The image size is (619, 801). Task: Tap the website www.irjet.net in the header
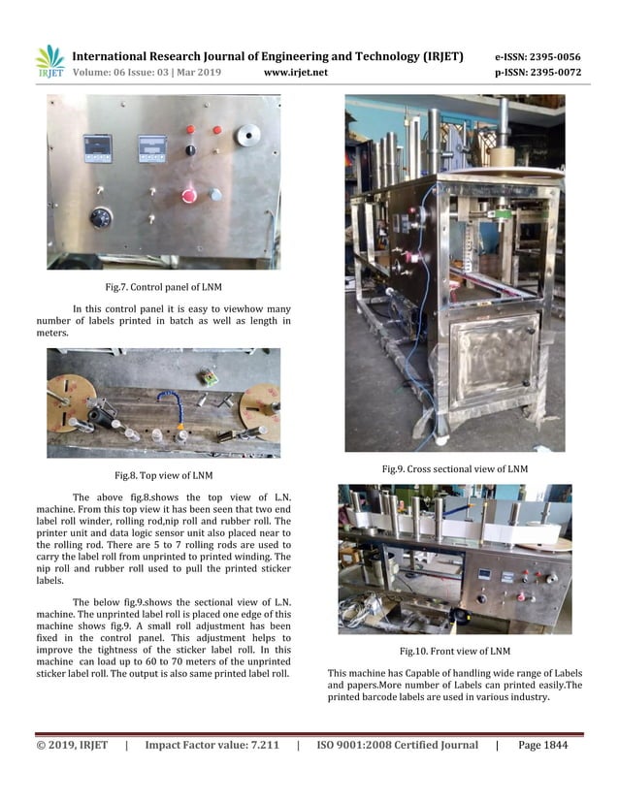click(x=295, y=73)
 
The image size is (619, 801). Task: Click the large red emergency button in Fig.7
click(x=189, y=196)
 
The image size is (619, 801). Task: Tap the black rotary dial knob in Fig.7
click(x=101, y=217)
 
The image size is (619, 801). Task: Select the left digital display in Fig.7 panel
click(x=98, y=147)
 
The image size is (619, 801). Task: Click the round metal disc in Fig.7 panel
click(x=252, y=134)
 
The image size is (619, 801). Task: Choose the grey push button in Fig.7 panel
click(x=215, y=194)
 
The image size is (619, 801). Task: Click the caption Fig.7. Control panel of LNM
click(x=164, y=287)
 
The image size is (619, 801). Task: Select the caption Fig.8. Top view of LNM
click(x=164, y=475)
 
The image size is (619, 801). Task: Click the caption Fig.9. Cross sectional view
click(x=454, y=469)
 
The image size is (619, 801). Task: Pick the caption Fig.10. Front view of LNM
click(x=454, y=650)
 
